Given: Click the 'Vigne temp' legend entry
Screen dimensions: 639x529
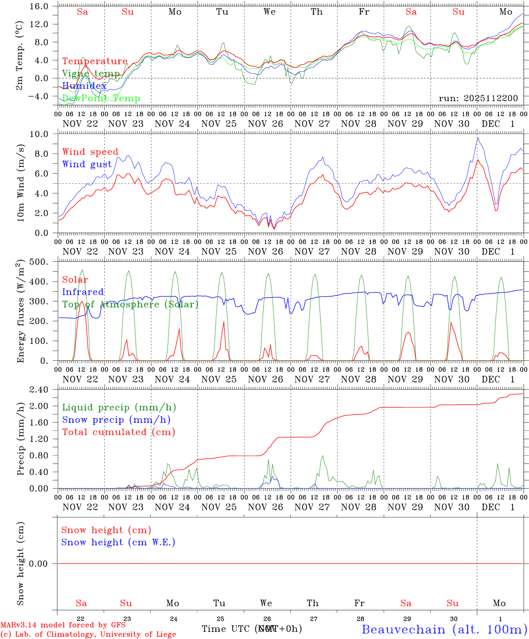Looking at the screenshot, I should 91,74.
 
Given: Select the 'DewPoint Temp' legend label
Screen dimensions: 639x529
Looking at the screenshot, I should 101,99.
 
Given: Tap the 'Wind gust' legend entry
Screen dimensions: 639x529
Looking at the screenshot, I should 87,164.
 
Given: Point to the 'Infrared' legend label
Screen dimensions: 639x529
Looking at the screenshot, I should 83,292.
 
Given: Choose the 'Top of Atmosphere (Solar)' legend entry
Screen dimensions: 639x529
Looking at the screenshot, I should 130,304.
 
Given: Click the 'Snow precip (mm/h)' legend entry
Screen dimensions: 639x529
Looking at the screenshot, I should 116,420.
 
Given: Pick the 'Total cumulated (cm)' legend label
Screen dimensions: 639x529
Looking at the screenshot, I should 118,432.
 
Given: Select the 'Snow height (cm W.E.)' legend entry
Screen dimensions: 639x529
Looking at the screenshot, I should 118,542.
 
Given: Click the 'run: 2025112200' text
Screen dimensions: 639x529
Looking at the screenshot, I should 478,99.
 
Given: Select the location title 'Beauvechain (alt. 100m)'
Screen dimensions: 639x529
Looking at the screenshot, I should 444,629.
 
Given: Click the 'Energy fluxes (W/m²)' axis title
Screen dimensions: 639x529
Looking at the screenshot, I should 19,312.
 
